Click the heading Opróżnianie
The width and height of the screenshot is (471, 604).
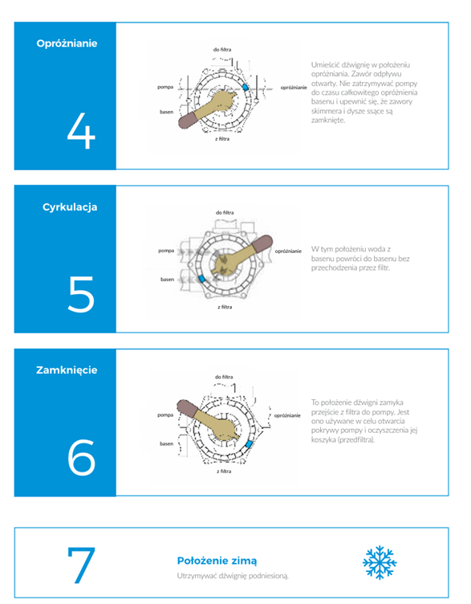tap(67, 44)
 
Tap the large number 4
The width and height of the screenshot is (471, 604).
tap(81, 131)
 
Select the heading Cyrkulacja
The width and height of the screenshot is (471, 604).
tap(70, 207)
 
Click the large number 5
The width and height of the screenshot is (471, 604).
tap(81, 294)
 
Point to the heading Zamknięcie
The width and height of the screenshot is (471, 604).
tap(67, 370)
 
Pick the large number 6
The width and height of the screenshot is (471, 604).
tap(81, 457)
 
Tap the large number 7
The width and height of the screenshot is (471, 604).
tap(81, 565)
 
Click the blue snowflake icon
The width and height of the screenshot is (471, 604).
tap(380, 562)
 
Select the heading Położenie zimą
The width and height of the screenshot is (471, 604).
tap(217, 561)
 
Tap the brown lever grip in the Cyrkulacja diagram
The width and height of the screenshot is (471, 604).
tap(262, 243)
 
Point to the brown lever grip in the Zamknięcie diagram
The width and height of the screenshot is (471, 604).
tap(187, 408)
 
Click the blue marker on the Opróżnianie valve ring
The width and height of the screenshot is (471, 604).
tap(245, 87)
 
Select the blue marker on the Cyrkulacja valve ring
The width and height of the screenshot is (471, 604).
tap(201, 279)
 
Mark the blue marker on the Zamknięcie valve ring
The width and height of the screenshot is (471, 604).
tap(249, 444)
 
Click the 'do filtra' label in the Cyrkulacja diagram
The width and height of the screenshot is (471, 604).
tap(225, 213)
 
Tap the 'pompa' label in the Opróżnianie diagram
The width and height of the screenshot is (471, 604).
tap(165, 88)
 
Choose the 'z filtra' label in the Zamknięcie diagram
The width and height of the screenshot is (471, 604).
tap(224, 471)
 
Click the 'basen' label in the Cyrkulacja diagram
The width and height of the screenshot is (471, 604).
tap(168, 280)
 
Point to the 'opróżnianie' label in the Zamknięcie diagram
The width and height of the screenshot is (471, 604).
tap(287, 415)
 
